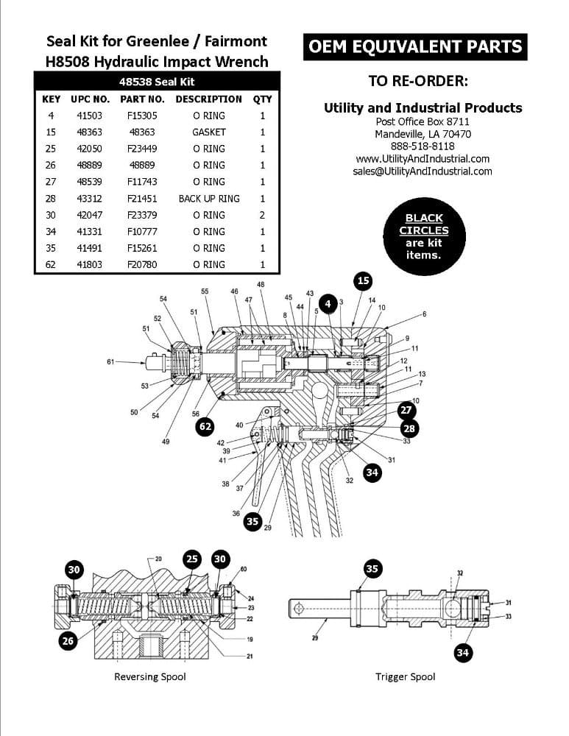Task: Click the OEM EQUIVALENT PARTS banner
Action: pyautogui.click(x=415, y=47)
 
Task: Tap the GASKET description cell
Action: pyautogui.click(x=209, y=132)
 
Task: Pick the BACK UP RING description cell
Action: pyautogui.click(x=209, y=199)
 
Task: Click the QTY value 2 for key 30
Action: pyautogui.click(x=262, y=215)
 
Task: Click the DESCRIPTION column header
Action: pyautogui.click(x=208, y=99)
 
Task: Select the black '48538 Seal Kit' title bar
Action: pyautogui.click(x=157, y=82)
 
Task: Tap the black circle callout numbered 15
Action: pyautogui.click(x=364, y=280)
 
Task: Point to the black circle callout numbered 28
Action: pyautogui.click(x=410, y=428)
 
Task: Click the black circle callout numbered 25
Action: pyautogui.click(x=191, y=559)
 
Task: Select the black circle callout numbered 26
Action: pyautogui.click(x=68, y=641)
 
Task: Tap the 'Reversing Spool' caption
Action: pyautogui.click(x=150, y=676)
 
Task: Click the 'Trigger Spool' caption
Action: pyautogui.click(x=406, y=676)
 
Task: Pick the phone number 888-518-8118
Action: pyautogui.click(x=423, y=146)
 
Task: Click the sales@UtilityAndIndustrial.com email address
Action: pyautogui.click(x=423, y=171)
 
